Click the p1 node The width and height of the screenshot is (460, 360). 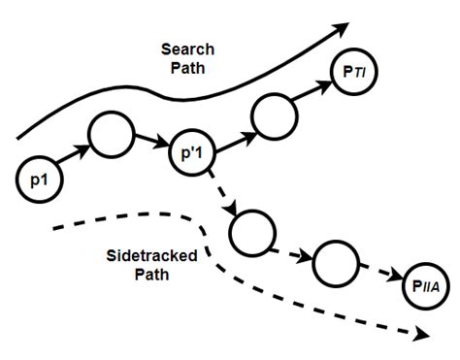(39, 180)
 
